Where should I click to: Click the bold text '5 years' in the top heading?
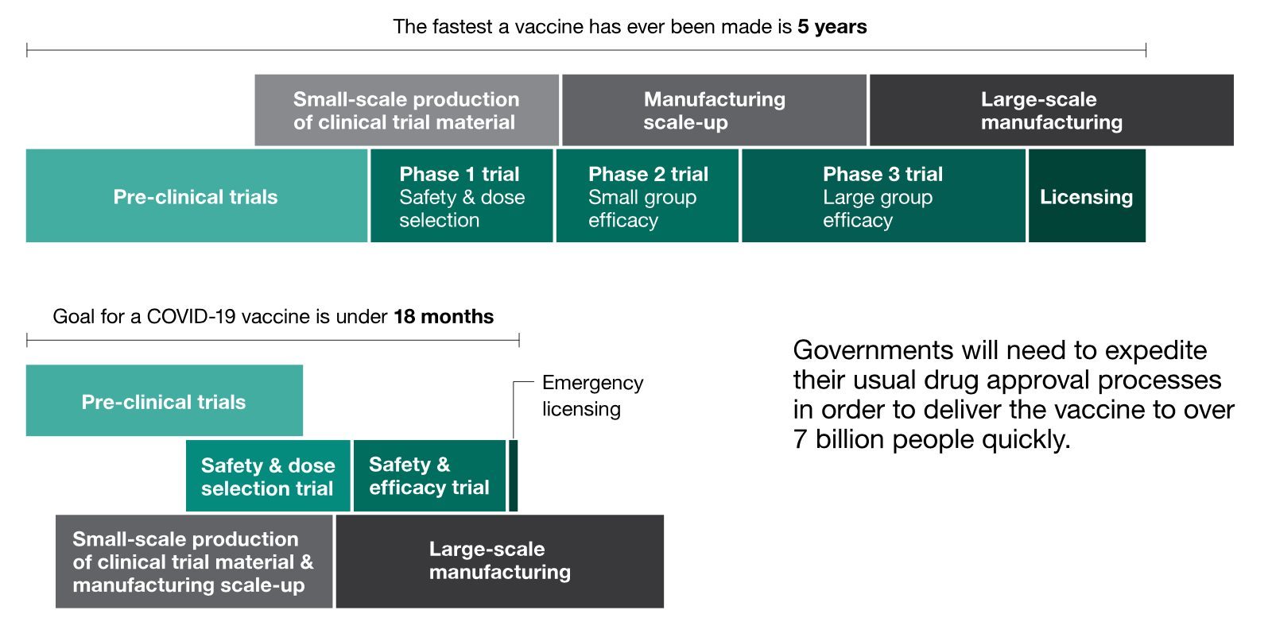pos(832,27)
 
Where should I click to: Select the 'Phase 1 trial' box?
pos(462,195)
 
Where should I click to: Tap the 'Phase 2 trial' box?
pos(647,195)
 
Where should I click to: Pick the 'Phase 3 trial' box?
pos(883,195)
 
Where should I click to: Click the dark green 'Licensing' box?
pos(1087,195)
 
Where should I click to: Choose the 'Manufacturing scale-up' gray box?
pos(715,110)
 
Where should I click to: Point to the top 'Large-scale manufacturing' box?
pos(1052,110)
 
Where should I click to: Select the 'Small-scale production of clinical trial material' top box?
pos(406,110)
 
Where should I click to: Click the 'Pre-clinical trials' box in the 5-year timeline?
pos(196,195)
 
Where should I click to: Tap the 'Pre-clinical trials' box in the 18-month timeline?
pos(164,400)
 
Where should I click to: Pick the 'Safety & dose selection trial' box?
pos(268,476)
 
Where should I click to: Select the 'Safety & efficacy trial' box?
pos(429,476)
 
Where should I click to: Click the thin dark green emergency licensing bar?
pos(514,476)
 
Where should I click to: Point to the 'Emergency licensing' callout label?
pos(592,396)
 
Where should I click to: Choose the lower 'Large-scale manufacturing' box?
pos(500,562)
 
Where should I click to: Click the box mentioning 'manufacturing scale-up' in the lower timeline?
pos(194,562)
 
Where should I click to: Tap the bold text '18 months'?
pos(444,317)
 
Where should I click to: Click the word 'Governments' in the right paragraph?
pos(873,350)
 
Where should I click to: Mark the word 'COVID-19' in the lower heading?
pos(191,317)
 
